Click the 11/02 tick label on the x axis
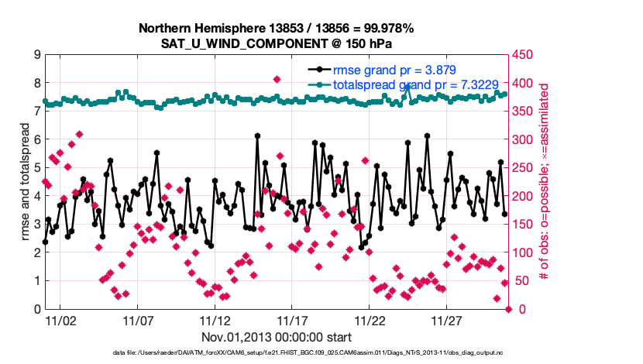pos(60,320)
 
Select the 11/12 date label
pos(215,320)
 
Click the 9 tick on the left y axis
pos(36,55)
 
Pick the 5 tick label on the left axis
pos(36,168)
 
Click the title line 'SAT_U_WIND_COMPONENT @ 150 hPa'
pos(277,43)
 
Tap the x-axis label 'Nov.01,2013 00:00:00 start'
pos(277,337)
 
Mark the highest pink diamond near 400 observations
pos(277,79)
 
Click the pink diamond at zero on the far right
pos(509,309)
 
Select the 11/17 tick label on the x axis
pos(293,320)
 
